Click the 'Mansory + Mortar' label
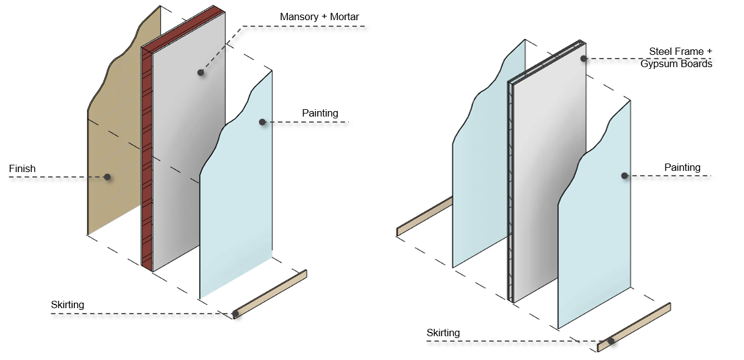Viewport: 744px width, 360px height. (x=319, y=16)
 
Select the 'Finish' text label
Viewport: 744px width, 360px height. (x=23, y=168)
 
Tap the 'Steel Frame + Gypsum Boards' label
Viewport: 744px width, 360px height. (x=676, y=57)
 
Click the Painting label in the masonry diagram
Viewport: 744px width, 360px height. (x=320, y=113)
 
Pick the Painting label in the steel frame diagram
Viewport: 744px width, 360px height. (x=682, y=167)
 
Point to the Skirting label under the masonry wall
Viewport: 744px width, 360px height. (x=68, y=304)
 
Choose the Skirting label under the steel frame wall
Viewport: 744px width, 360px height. (x=443, y=333)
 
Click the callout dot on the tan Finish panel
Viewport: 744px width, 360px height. (x=107, y=177)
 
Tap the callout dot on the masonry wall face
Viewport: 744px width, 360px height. (x=200, y=73)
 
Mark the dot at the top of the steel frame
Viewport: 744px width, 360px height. (x=584, y=59)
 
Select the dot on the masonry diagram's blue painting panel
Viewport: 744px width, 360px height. (x=262, y=122)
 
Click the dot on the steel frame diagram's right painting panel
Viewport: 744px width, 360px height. (x=624, y=176)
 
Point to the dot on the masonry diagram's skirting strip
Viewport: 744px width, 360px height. (x=235, y=314)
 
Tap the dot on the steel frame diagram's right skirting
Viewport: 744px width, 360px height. (x=610, y=342)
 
